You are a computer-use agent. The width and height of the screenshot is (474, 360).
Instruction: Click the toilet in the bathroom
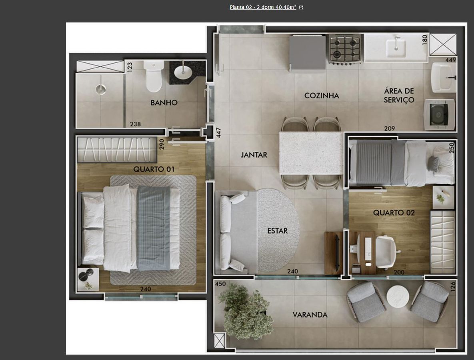[x=154, y=76]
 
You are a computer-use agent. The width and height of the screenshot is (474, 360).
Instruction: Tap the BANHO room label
[x=164, y=103]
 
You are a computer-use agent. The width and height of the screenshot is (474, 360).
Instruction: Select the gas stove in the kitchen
[x=345, y=48]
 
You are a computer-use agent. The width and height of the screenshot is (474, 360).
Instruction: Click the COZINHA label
[x=322, y=96]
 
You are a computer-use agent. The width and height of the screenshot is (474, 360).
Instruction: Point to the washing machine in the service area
[x=439, y=114]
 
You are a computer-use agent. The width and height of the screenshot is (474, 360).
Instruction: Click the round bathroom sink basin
[x=183, y=72]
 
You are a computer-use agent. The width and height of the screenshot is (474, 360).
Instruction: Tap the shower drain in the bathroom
[x=101, y=89]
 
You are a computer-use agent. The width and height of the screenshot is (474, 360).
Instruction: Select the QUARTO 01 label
[x=154, y=169]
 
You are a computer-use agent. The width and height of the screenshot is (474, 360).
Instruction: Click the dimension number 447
[x=218, y=133]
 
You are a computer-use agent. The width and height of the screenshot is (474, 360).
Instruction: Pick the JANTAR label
[x=254, y=155]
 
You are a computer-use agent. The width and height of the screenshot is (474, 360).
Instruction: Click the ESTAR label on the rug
[x=277, y=231]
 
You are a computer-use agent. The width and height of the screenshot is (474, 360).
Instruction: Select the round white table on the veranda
[x=398, y=296]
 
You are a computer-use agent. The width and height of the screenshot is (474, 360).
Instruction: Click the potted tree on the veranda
[x=245, y=310]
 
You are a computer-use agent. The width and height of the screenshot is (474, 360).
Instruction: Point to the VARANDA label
[x=310, y=315]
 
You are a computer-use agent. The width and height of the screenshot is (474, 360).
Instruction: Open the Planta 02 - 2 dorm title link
[x=263, y=7]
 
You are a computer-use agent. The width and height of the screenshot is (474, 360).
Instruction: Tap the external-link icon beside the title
[x=301, y=8]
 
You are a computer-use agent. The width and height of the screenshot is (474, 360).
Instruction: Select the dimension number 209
[x=389, y=128]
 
